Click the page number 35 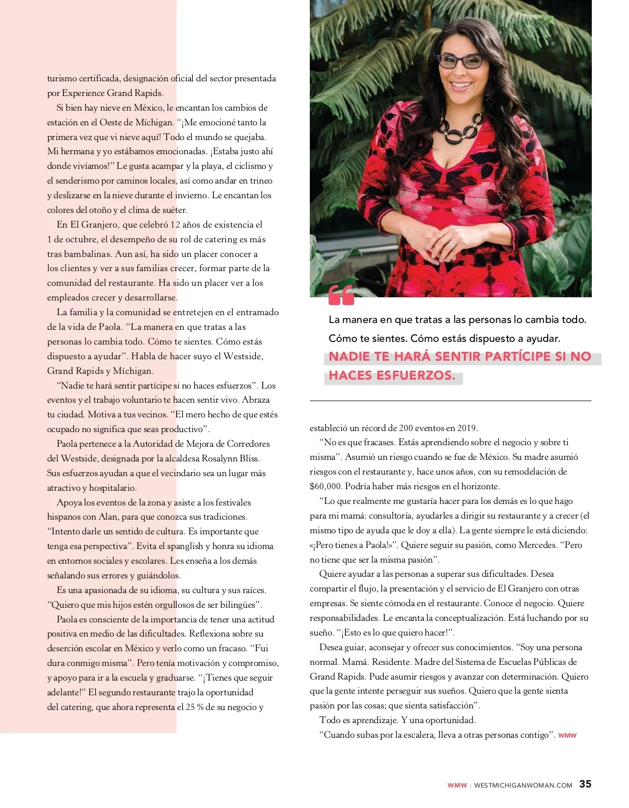pyautogui.click(x=585, y=784)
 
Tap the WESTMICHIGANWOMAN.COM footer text pyautogui.click(x=523, y=785)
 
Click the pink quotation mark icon pyautogui.click(x=341, y=296)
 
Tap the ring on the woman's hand pyautogui.click(x=451, y=243)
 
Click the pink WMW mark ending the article pyautogui.click(x=567, y=736)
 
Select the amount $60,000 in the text pyautogui.click(x=326, y=486)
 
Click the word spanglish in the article pyautogui.click(x=181, y=546)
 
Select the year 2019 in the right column pyautogui.click(x=467, y=428)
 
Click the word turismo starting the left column pyautogui.click(x=62, y=79)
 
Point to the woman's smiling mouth pyautogui.click(x=462, y=84)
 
